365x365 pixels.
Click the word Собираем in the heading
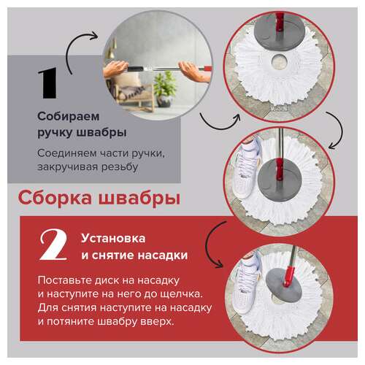(x=67, y=117)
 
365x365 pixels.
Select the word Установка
(x=113, y=239)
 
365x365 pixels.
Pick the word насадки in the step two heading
(x=164, y=255)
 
